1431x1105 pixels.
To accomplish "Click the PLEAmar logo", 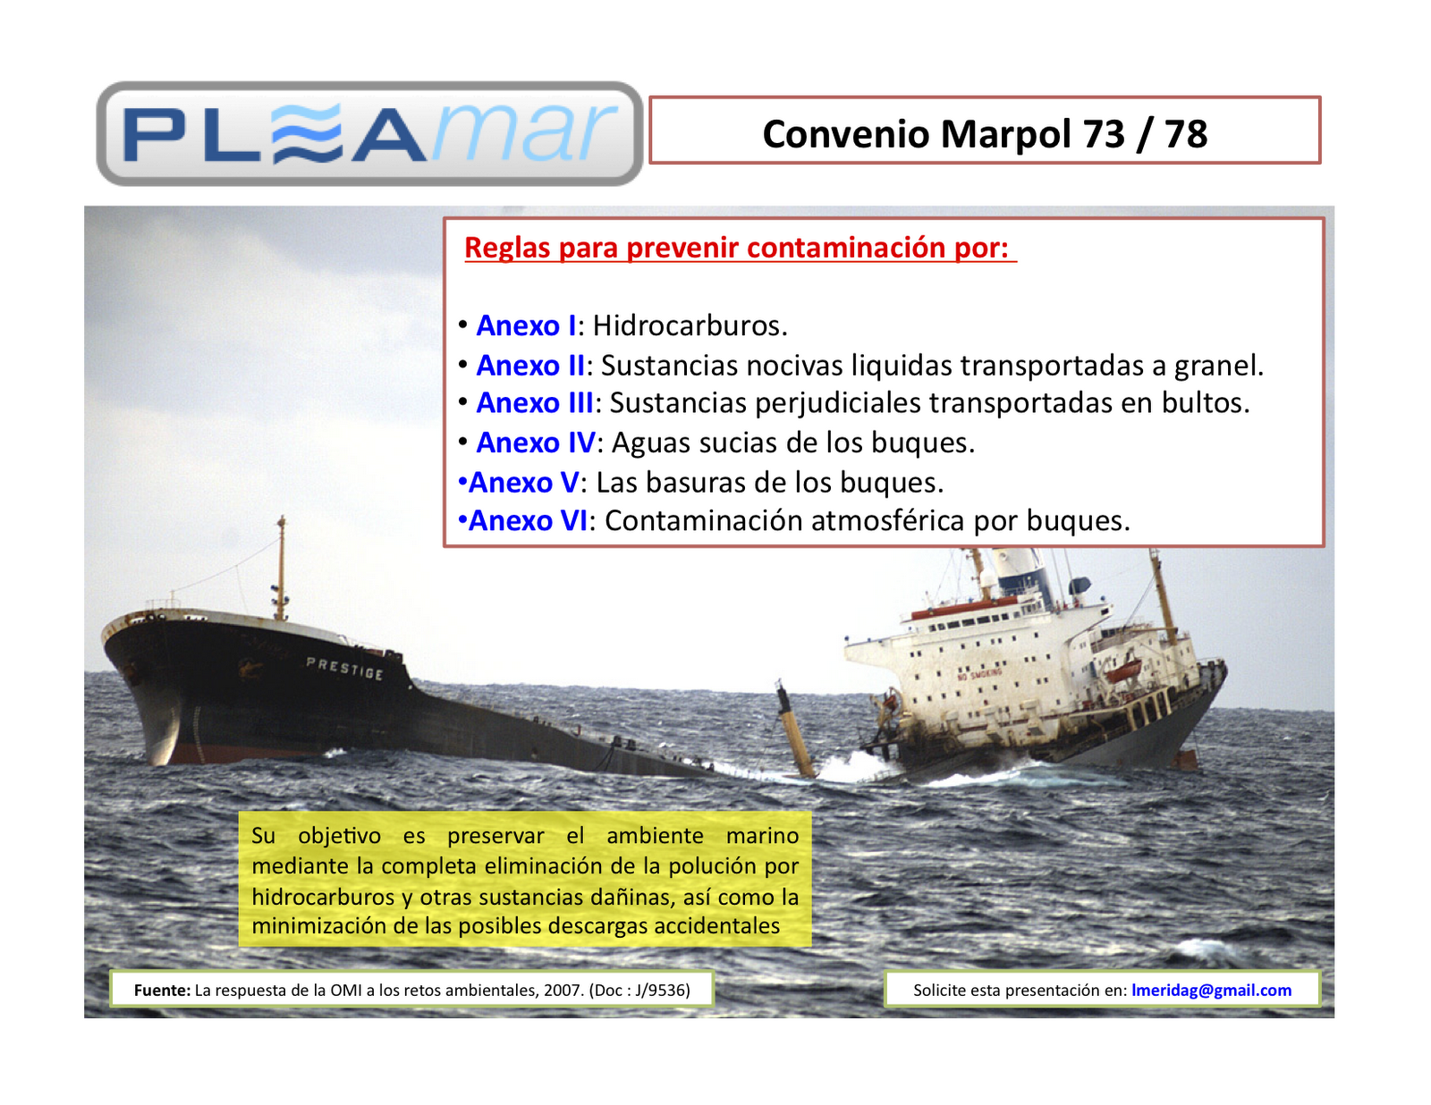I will tap(369, 134).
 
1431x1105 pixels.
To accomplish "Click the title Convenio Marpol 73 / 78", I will tap(985, 134).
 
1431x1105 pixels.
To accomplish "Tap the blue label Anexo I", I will tap(526, 325).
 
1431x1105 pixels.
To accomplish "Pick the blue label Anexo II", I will tap(530, 366).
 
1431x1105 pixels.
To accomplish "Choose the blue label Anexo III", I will tap(535, 403).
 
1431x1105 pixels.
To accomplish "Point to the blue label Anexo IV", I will tap(536, 443).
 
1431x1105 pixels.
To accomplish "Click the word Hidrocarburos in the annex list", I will tap(689, 325).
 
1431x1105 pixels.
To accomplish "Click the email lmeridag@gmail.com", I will tap(1211, 990).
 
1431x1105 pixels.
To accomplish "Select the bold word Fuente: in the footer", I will tap(162, 990).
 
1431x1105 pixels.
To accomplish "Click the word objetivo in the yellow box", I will tap(339, 836).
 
